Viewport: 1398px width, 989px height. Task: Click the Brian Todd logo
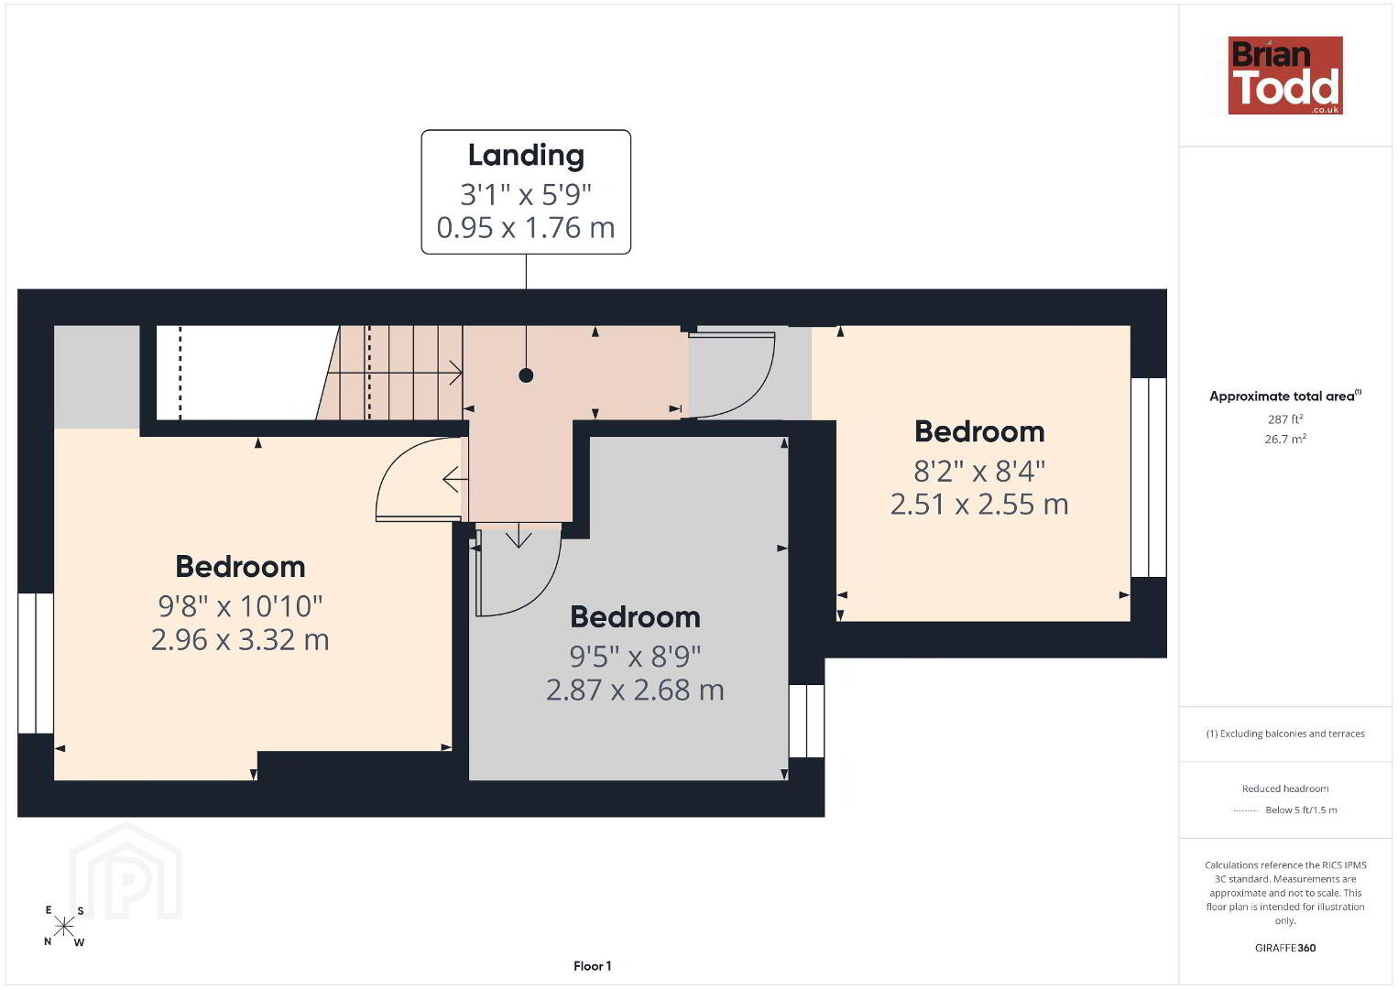coord(1285,75)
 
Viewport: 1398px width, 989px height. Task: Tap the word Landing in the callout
coord(526,156)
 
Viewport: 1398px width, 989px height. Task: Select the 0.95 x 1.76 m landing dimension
coord(526,228)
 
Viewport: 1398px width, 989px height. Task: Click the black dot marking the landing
coord(526,375)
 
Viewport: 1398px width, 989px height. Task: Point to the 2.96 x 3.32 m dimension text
coord(240,640)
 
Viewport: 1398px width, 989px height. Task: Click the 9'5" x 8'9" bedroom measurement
coord(636,657)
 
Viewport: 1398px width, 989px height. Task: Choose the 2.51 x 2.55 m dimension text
coord(979,505)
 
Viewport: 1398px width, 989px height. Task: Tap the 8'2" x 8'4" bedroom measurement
coord(979,471)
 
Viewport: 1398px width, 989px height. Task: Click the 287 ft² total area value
coord(1285,419)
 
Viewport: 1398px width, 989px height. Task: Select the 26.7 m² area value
coord(1285,439)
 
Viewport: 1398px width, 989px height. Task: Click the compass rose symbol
coord(63,927)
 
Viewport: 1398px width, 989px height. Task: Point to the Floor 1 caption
coord(593,966)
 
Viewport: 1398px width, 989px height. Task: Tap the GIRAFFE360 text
coord(1285,948)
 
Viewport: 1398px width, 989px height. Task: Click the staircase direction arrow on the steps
coord(395,373)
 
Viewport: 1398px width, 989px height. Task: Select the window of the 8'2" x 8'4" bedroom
coord(1149,477)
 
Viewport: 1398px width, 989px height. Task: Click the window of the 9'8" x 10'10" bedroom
coord(36,663)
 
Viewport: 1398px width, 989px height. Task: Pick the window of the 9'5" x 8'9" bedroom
coord(806,721)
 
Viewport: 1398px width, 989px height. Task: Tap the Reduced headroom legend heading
coord(1285,788)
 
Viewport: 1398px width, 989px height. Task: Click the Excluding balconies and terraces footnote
coord(1285,734)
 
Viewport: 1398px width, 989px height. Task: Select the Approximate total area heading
coord(1285,397)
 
